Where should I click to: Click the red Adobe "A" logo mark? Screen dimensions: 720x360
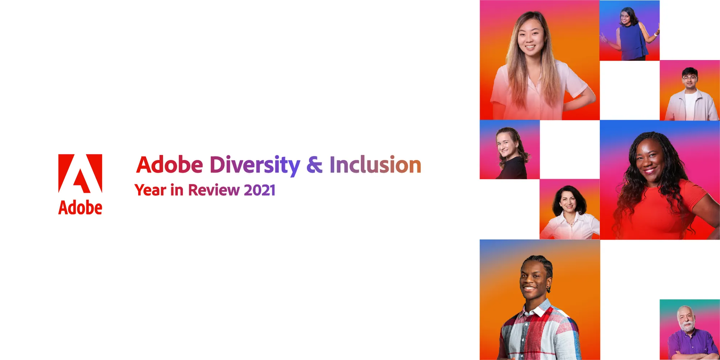80,174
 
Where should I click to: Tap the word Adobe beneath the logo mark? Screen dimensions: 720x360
80,208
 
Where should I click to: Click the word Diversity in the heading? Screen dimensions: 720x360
255,165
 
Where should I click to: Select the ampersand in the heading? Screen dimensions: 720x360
314,165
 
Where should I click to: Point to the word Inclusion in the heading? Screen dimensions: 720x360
375,165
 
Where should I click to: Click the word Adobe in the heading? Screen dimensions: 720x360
170,165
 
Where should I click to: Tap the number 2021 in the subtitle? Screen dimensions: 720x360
260,190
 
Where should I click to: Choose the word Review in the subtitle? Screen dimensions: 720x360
214,190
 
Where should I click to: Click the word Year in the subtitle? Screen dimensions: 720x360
150,190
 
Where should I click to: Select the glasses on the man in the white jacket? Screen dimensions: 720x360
690,77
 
